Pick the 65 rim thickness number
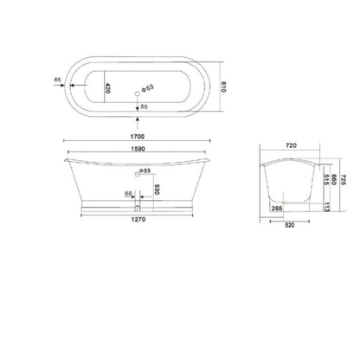pyautogui.click(x=56, y=80)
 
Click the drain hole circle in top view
pyautogui.click(x=138, y=88)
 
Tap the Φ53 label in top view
pyautogui.click(x=149, y=87)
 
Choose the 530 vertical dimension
pyautogui.click(x=156, y=189)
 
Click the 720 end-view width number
pyautogui.click(x=291, y=148)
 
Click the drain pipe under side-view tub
pyautogui.click(x=138, y=210)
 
